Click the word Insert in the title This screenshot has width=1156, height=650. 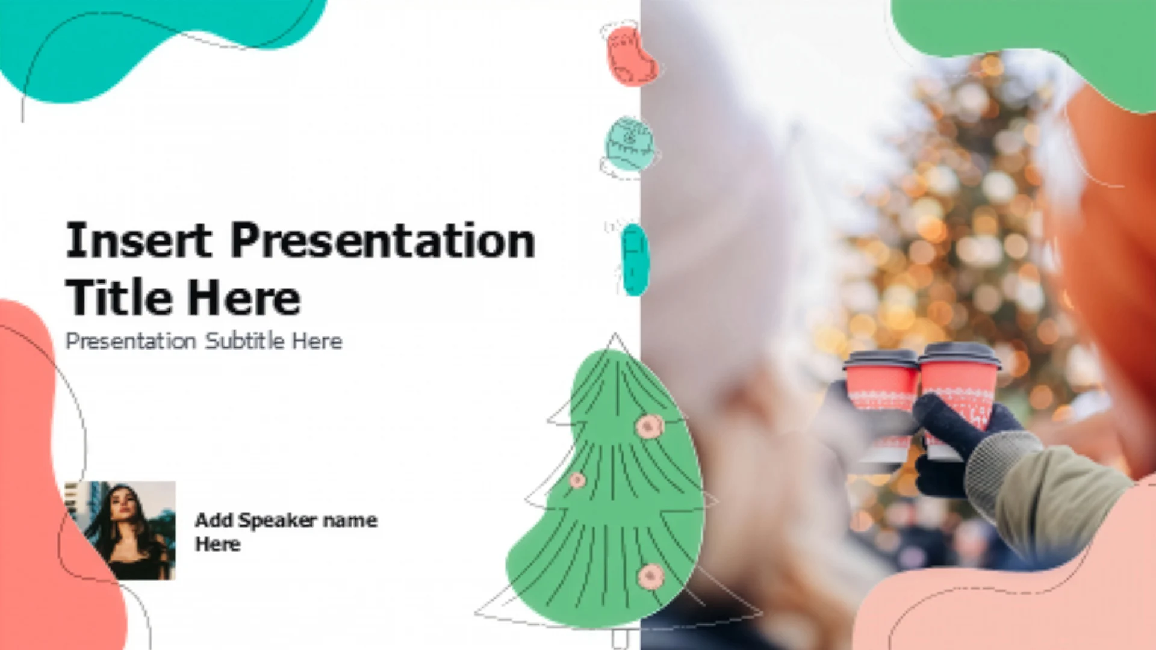(x=138, y=240)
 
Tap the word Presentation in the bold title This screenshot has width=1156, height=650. (x=383, y=240)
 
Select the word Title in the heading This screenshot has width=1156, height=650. (x=119, y=297)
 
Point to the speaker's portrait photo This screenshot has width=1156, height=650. (x=120, y=530)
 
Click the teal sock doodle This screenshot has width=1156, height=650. (x=635, y=259)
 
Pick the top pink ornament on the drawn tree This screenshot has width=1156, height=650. (x=649, y=426)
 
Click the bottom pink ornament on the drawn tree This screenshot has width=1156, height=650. (x=651, y=577)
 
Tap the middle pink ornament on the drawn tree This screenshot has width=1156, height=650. (x=577, y=480)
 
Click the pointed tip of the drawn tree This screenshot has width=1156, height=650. (x=615, y=334)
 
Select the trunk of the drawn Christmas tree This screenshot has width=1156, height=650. (x=620, y=638)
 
